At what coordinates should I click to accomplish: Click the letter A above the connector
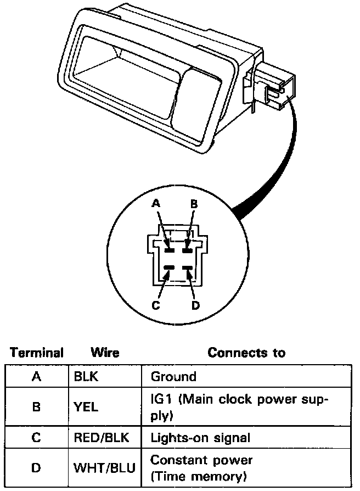coord(156,203)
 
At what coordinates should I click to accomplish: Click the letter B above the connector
coord(194,203)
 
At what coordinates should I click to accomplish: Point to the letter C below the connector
coord(156,305)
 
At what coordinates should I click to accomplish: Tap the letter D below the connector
coord(195,305)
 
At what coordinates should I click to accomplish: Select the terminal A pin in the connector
coord(169,250)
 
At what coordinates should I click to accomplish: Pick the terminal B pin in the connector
coord(188,250)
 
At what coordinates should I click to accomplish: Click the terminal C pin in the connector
coord(169,267)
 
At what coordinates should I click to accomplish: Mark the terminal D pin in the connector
coord(188,267)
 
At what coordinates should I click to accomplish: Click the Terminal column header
coord(37,352)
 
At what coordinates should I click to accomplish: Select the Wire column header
coord(105,352)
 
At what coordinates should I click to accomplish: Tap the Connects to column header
coord(246,352)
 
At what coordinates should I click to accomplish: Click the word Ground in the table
coord(173,377)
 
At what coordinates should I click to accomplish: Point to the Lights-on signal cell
coord(200,438)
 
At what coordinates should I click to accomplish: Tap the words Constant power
coord(201,459)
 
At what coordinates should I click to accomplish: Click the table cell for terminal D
coord(36,468)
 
